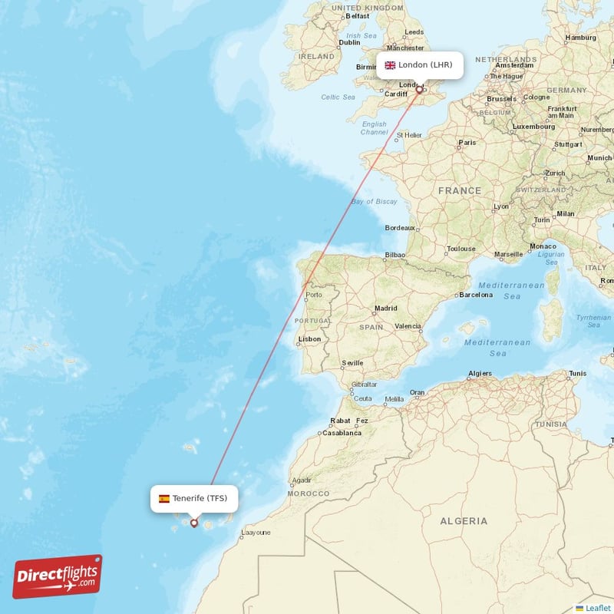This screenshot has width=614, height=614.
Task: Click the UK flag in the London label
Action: tap(390, 65)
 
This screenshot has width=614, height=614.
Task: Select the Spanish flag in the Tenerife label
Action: tap(164, 499)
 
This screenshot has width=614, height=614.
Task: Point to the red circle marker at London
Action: tap(419, 90)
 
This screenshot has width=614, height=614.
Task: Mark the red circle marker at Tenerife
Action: tap(193, 523)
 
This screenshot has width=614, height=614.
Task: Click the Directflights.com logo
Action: tap(58, 576)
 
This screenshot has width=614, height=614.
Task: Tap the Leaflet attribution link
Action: tap(597, 608)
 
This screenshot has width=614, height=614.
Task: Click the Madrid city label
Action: tap(385, 309)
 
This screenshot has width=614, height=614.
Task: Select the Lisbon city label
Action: tap(310, 338)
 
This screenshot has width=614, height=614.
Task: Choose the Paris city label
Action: tap(467, 143)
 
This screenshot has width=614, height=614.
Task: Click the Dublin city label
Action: tap(349, 43)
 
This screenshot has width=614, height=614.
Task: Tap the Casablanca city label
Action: tap(342, 433)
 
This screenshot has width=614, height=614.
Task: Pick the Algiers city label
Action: tap(480, 374)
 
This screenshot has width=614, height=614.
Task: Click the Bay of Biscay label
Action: tap(375, 201)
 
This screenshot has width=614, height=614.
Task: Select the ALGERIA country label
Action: tap(464, 521)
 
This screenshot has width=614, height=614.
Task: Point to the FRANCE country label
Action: tap(460, 190)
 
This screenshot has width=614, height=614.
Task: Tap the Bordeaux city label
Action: tap(399, 228)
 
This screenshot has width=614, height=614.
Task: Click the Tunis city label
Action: tap(577, 374)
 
